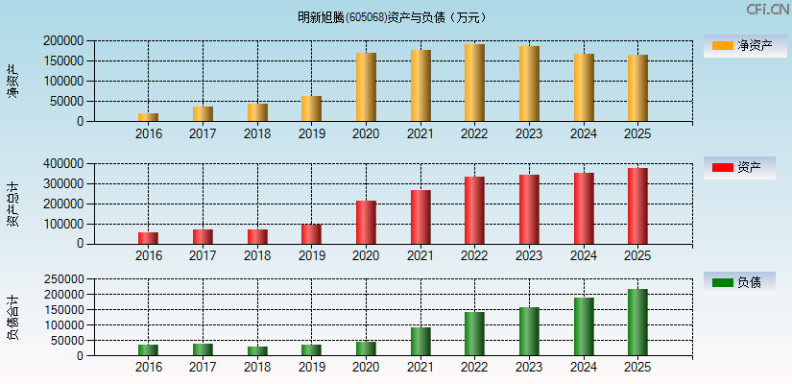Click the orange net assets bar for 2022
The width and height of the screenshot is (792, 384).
point(474,83)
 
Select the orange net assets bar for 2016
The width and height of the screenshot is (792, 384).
point(148,117)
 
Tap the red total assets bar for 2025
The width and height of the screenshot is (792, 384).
point(637,206)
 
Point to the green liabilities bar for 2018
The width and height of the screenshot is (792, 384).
point(256,350)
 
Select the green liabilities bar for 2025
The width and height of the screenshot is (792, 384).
point(637,323)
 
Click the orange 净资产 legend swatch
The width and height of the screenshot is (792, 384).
point(722,45)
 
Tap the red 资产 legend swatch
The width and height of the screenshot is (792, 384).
point(722,168)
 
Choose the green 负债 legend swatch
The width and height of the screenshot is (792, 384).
point(722,282)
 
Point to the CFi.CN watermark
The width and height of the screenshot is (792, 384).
point(767,10)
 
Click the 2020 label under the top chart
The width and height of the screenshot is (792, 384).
point(366,133)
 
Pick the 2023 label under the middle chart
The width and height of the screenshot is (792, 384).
point(529,255)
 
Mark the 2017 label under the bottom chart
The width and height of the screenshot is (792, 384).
point(203,368)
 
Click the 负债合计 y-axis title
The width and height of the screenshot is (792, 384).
point(12,318)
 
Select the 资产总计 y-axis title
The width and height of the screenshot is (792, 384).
point(12,204)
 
